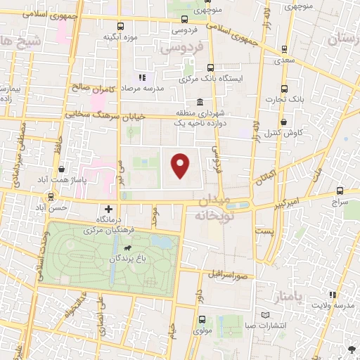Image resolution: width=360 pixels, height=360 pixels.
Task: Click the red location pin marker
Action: coord(181,165)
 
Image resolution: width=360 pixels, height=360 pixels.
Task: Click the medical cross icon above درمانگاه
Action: coord(108,209)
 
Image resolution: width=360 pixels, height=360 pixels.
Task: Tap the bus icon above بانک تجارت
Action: coord(285,89)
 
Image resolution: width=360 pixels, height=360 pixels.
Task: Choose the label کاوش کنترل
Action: coord(288,132)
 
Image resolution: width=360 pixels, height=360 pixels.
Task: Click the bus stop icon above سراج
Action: coord(340,191)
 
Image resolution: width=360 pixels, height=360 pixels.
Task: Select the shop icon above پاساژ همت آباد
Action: coord(63,169)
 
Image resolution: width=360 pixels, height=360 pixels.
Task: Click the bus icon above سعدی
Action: coord(283,49)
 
